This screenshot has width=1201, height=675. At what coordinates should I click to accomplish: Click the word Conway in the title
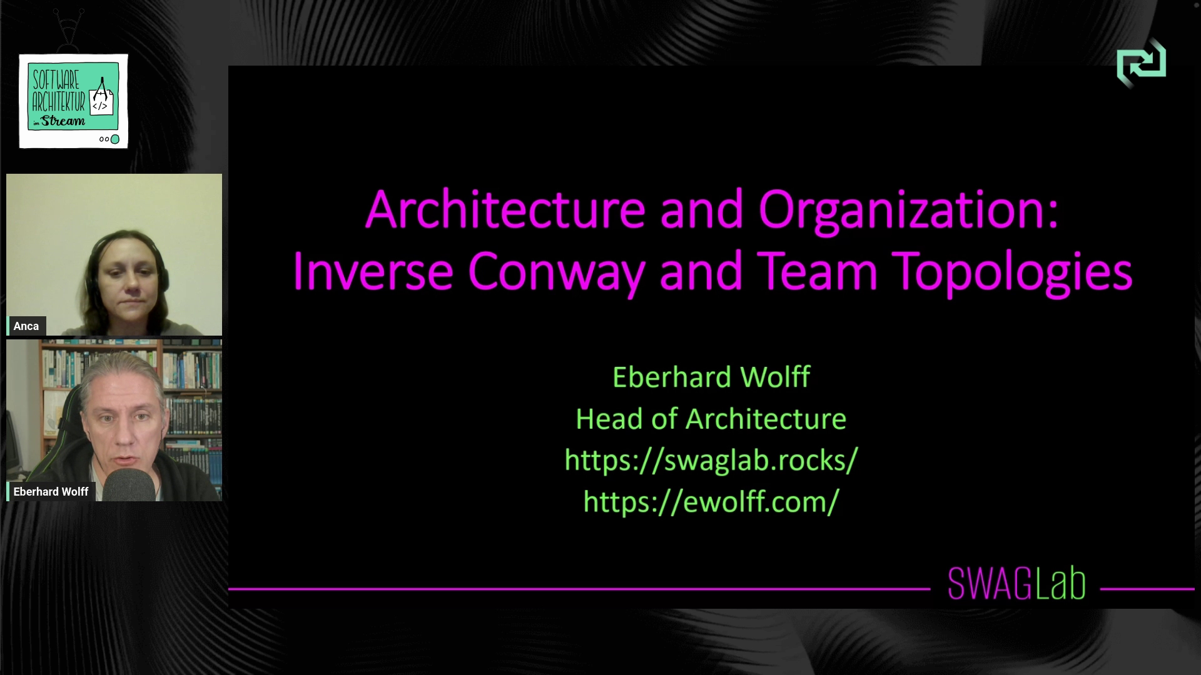click(556, 272)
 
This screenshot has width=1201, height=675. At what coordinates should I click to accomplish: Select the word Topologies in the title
click(1012, 272)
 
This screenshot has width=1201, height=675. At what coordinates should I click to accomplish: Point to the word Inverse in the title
click(373, 272)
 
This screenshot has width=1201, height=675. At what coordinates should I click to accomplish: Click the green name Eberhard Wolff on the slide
click(711, 377)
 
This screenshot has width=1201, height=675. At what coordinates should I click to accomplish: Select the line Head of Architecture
click(711, 419)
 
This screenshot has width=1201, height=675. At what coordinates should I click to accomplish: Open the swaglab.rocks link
click(711, 460)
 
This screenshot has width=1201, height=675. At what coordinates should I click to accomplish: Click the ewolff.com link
click(711, 502)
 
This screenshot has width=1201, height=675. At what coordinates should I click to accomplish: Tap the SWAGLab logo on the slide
click(1016, 584)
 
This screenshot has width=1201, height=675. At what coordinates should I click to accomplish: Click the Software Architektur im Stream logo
click(73, 101)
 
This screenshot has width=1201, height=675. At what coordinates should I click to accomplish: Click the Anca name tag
click(26, 326)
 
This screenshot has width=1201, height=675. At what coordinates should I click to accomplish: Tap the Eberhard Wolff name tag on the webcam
click(51, 492)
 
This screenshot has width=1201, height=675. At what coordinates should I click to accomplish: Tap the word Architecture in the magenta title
click(505, 211)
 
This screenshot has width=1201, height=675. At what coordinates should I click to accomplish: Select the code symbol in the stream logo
click(100, 106)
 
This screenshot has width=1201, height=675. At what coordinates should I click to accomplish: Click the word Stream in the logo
click(63, 121)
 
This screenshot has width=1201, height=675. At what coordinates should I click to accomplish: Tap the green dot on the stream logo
click(115, 139)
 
